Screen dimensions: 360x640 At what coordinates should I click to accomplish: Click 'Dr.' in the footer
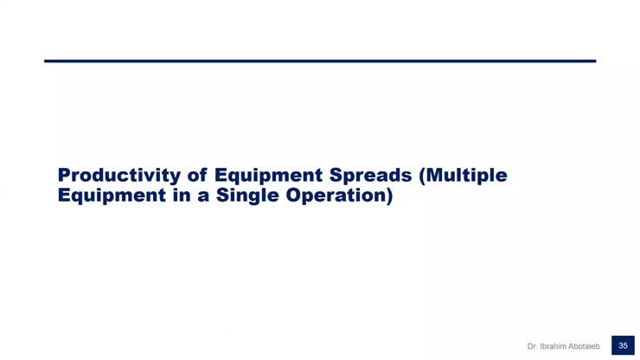pyautogui.click(x=533, y=346)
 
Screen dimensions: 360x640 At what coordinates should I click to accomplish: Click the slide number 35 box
pyautogui.click(x=622, y=345)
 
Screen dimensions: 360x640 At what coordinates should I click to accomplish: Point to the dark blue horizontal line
pyautogui.click(x=320, y=61)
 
